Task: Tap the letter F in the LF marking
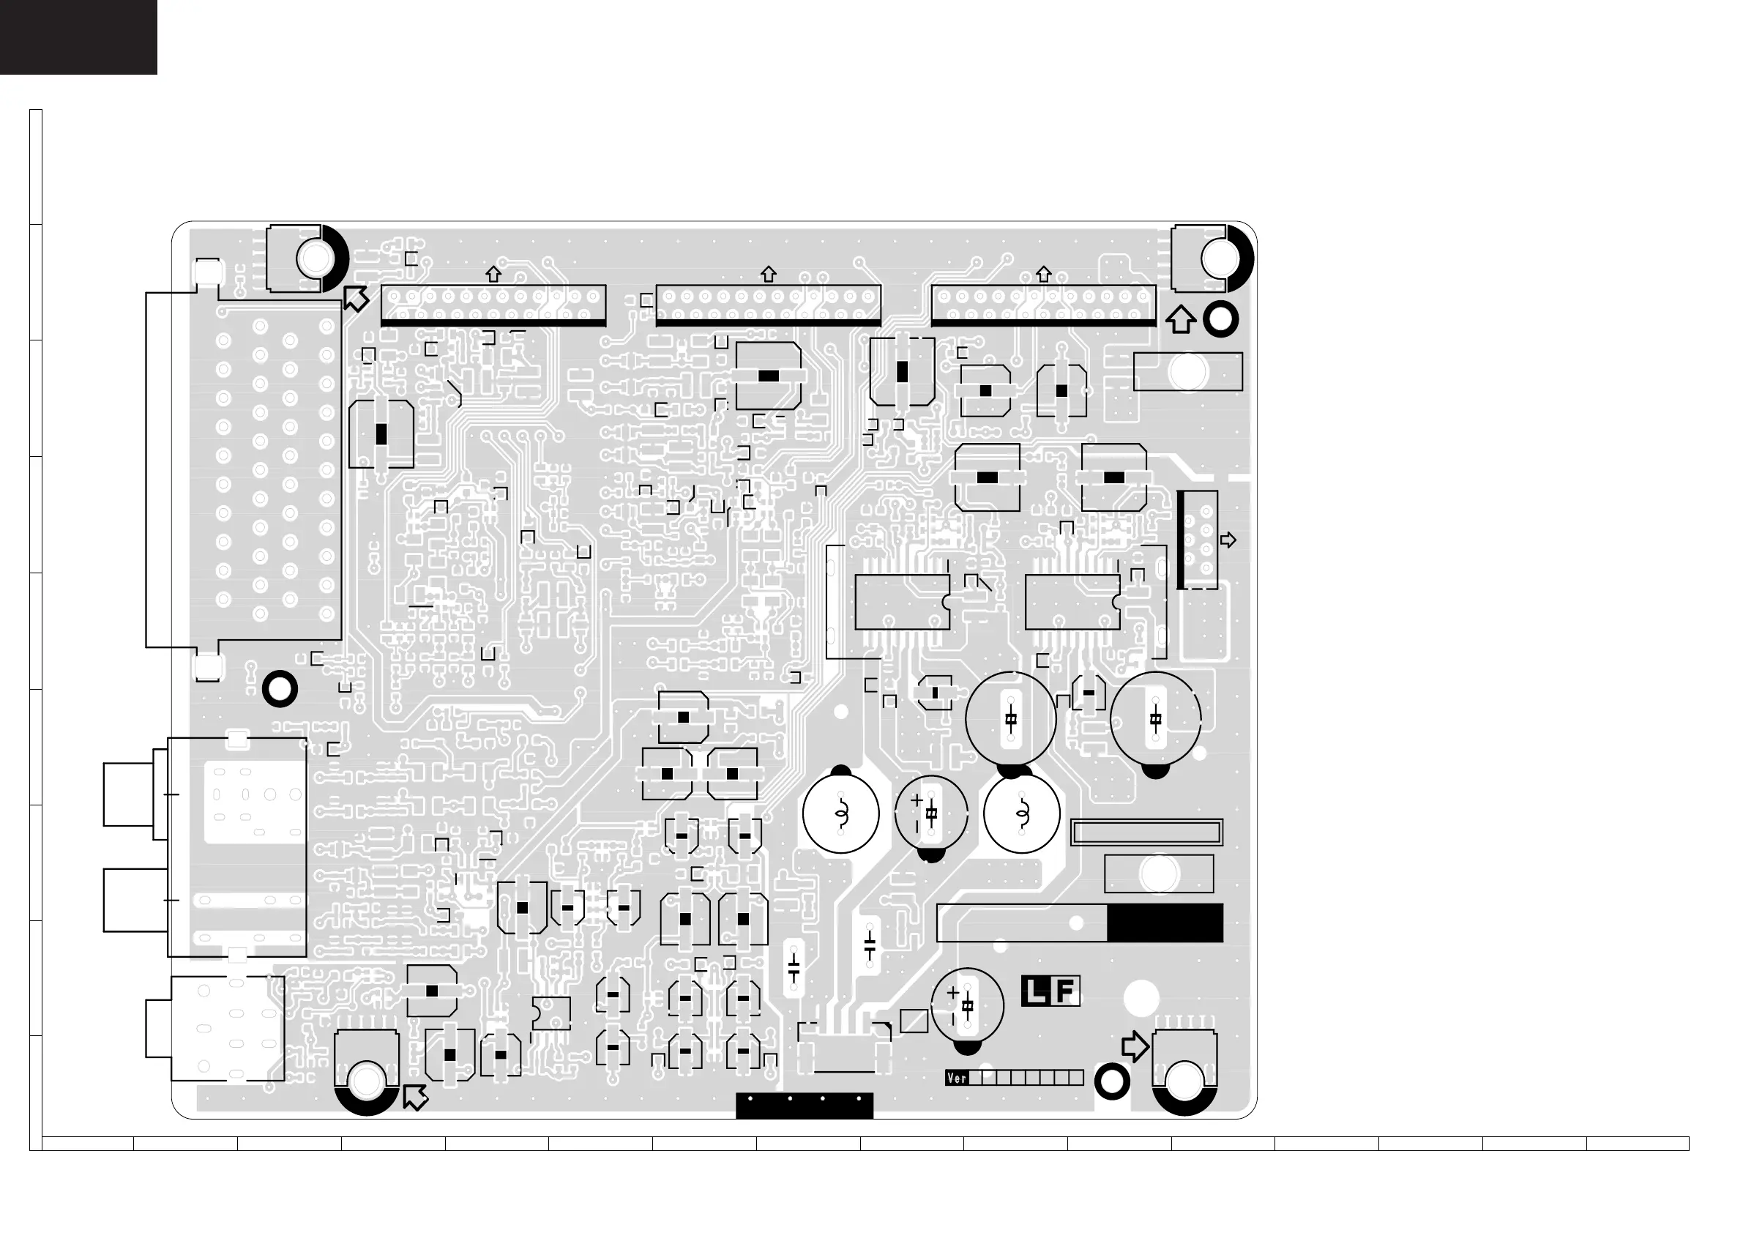(x=1065, y=991)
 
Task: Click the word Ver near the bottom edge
(x=957, y=1077)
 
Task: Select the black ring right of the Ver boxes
(x=1112, y=1081)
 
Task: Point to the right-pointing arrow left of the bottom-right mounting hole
(x=1135, y=1046)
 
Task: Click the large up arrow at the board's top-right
(x=1180, y=320)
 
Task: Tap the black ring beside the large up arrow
(x=1221, y=319)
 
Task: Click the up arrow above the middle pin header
(x=768, y=274)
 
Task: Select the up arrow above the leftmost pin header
(x=493, y=274)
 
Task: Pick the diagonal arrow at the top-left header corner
(x=355, y=299)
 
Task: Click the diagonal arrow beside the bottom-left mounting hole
(x=415, y=1097)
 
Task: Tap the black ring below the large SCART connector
(x=280, y=690)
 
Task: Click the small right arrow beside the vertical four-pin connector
(x=1228, y=540)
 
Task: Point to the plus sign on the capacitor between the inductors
(x=917, y=800)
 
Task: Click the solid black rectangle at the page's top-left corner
(x=78, y=37)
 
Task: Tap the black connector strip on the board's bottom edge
(x=805, y=1106)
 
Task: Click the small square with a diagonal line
(x=914, y=1021)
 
